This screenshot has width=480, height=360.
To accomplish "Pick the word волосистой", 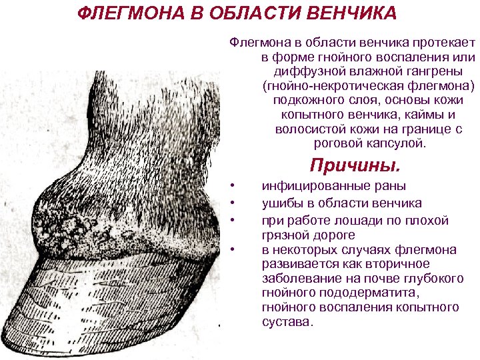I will coord(307,129).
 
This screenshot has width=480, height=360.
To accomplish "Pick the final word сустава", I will coord(287,322).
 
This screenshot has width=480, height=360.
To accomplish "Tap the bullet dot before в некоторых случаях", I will coord(231,249).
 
